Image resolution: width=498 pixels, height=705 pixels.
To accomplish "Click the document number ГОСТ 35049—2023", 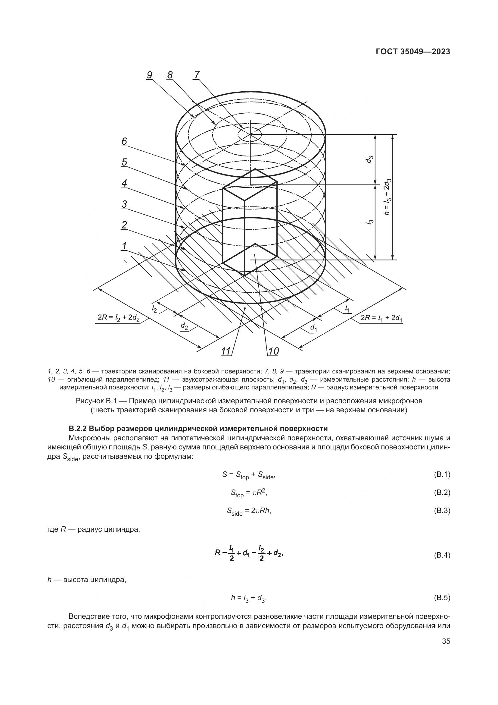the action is pos(413,52).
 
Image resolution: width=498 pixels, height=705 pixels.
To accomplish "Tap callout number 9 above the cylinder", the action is pos(149,75).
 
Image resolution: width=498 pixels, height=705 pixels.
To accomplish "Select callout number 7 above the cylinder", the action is pos(197,75).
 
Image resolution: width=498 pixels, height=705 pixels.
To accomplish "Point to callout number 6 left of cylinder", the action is pos(124,141).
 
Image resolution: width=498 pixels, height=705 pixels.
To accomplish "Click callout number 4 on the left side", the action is pos(124,183).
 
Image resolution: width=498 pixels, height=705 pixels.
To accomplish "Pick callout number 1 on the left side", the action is pos(124,246).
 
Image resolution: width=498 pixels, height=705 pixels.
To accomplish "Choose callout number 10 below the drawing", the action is pos(273,351).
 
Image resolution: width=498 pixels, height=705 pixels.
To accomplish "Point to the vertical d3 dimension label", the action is pos(370,159).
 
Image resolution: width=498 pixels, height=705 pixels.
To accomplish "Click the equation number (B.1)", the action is pos(442,474).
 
